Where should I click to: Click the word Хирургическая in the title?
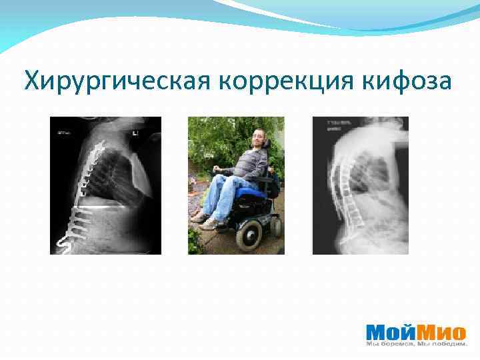point(117,82)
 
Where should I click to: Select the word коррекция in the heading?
point(285,82)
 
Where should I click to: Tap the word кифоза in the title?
point(408,82)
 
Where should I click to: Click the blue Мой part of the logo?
point(392,331)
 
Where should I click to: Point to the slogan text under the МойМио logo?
point(417,344)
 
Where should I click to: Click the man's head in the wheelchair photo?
point(258,141)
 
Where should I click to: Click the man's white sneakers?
point(203,220)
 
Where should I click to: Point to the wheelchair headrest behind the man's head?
point(266,142)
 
